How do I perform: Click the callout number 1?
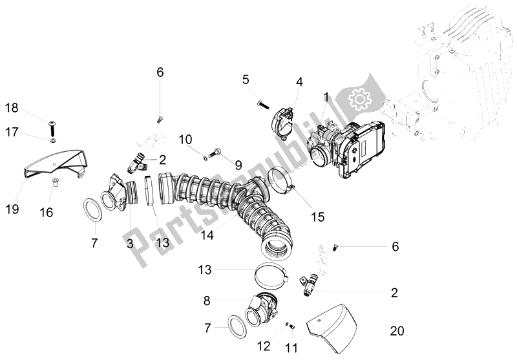pyautogui.click(x=326, y=97)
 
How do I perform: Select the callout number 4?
pyautogui.click(x=299, y=82)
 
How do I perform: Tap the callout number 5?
pyautogui.click(x=246, y=79)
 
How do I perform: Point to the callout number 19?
pyautogui.click(x=13, y=209)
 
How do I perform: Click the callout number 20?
pyautogui.click(x=397, y=331)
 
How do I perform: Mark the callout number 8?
pyautogui.click(x=207, y=301)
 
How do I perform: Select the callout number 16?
pyautogui.click(x=46, y=211)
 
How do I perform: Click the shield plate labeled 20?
pyautogui.click(x=336, y=328)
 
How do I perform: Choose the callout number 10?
pyautogui.click(x=185, y=139)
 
